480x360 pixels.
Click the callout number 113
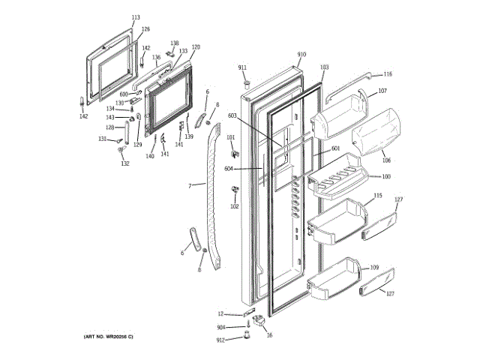click(136, 17)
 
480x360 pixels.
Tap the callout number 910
click(301, 55)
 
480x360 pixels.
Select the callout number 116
click(388, 74)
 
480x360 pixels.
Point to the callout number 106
click(386, 160)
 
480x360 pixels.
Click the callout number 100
click(386, 177)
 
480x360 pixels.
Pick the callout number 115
click(378, 196)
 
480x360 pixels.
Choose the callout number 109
click(374, 268)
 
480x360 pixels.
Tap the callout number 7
click(190, 185)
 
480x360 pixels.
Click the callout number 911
click(243, 68)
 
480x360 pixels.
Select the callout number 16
click(270, 335)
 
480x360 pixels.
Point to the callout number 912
click(220, 340)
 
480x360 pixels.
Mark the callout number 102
click(234, 206)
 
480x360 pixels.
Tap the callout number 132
click(125, 163)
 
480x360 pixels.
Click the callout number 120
click(196, 47)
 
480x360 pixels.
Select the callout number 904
click(221, 328)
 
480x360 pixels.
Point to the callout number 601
click(335, 148)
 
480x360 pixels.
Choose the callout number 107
click(382, 91)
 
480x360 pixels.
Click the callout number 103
click(324, 67)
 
